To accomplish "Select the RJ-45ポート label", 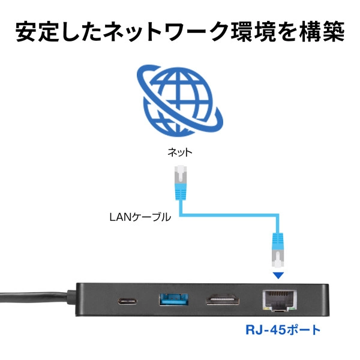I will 283,329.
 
